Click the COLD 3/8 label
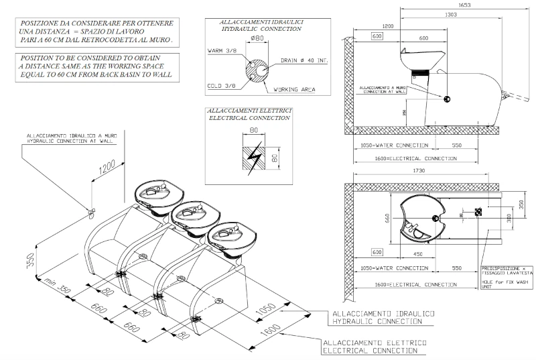pyautogui.click(x=218, y=85)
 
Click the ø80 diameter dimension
pyautogui.click(x=255, y=38)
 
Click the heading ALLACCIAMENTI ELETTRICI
pyautogui.click(x=249, y=110)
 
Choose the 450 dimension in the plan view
pyautogui.click(x=417, y=253)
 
